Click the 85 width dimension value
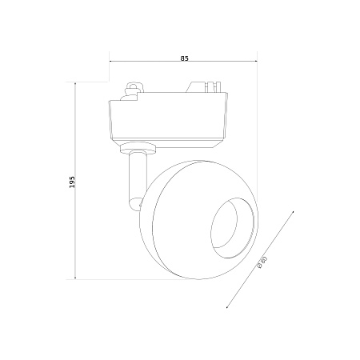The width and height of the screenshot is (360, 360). [x=184, y=58]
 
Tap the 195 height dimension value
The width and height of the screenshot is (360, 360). [x=73, y=182]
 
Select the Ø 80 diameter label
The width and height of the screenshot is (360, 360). [x=262, y=262]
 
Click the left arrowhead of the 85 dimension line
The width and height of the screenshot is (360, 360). [x=111, y=62]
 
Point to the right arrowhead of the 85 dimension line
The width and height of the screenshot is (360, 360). [x=255, y=62]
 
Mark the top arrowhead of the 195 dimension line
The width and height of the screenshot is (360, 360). [x=75, y=84]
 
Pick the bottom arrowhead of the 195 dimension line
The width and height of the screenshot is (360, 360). [x=75, y=278]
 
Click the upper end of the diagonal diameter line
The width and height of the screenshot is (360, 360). [x=294, y=211]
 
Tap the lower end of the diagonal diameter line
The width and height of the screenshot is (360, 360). [x=226, y=308]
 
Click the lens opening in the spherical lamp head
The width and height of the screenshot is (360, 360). [x=231, y=228]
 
